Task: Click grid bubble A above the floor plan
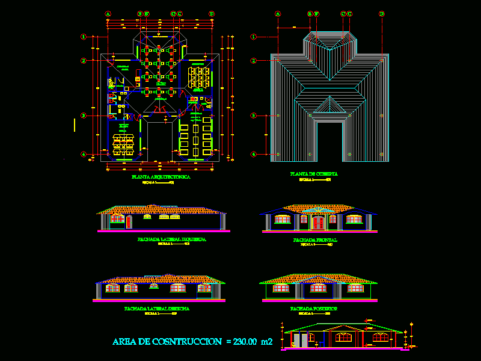point(108,13)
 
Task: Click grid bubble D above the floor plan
point(212,13)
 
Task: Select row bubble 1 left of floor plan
point(84,37)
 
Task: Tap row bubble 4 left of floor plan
point(84,154)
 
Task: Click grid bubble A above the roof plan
point(278,13)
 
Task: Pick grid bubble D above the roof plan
point(382,13)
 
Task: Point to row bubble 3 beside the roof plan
point(254,116)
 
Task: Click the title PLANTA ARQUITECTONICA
point(161,177)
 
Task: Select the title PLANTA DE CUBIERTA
point(314,174)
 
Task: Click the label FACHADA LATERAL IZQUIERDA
point(172,239)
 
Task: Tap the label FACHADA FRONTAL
point(315,240)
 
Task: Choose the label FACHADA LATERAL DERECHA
point(157,308)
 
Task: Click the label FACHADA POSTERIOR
point(314,308)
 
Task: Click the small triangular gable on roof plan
point(328,107)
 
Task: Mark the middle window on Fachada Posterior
point(318,289)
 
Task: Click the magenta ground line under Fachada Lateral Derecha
point(161,300)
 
